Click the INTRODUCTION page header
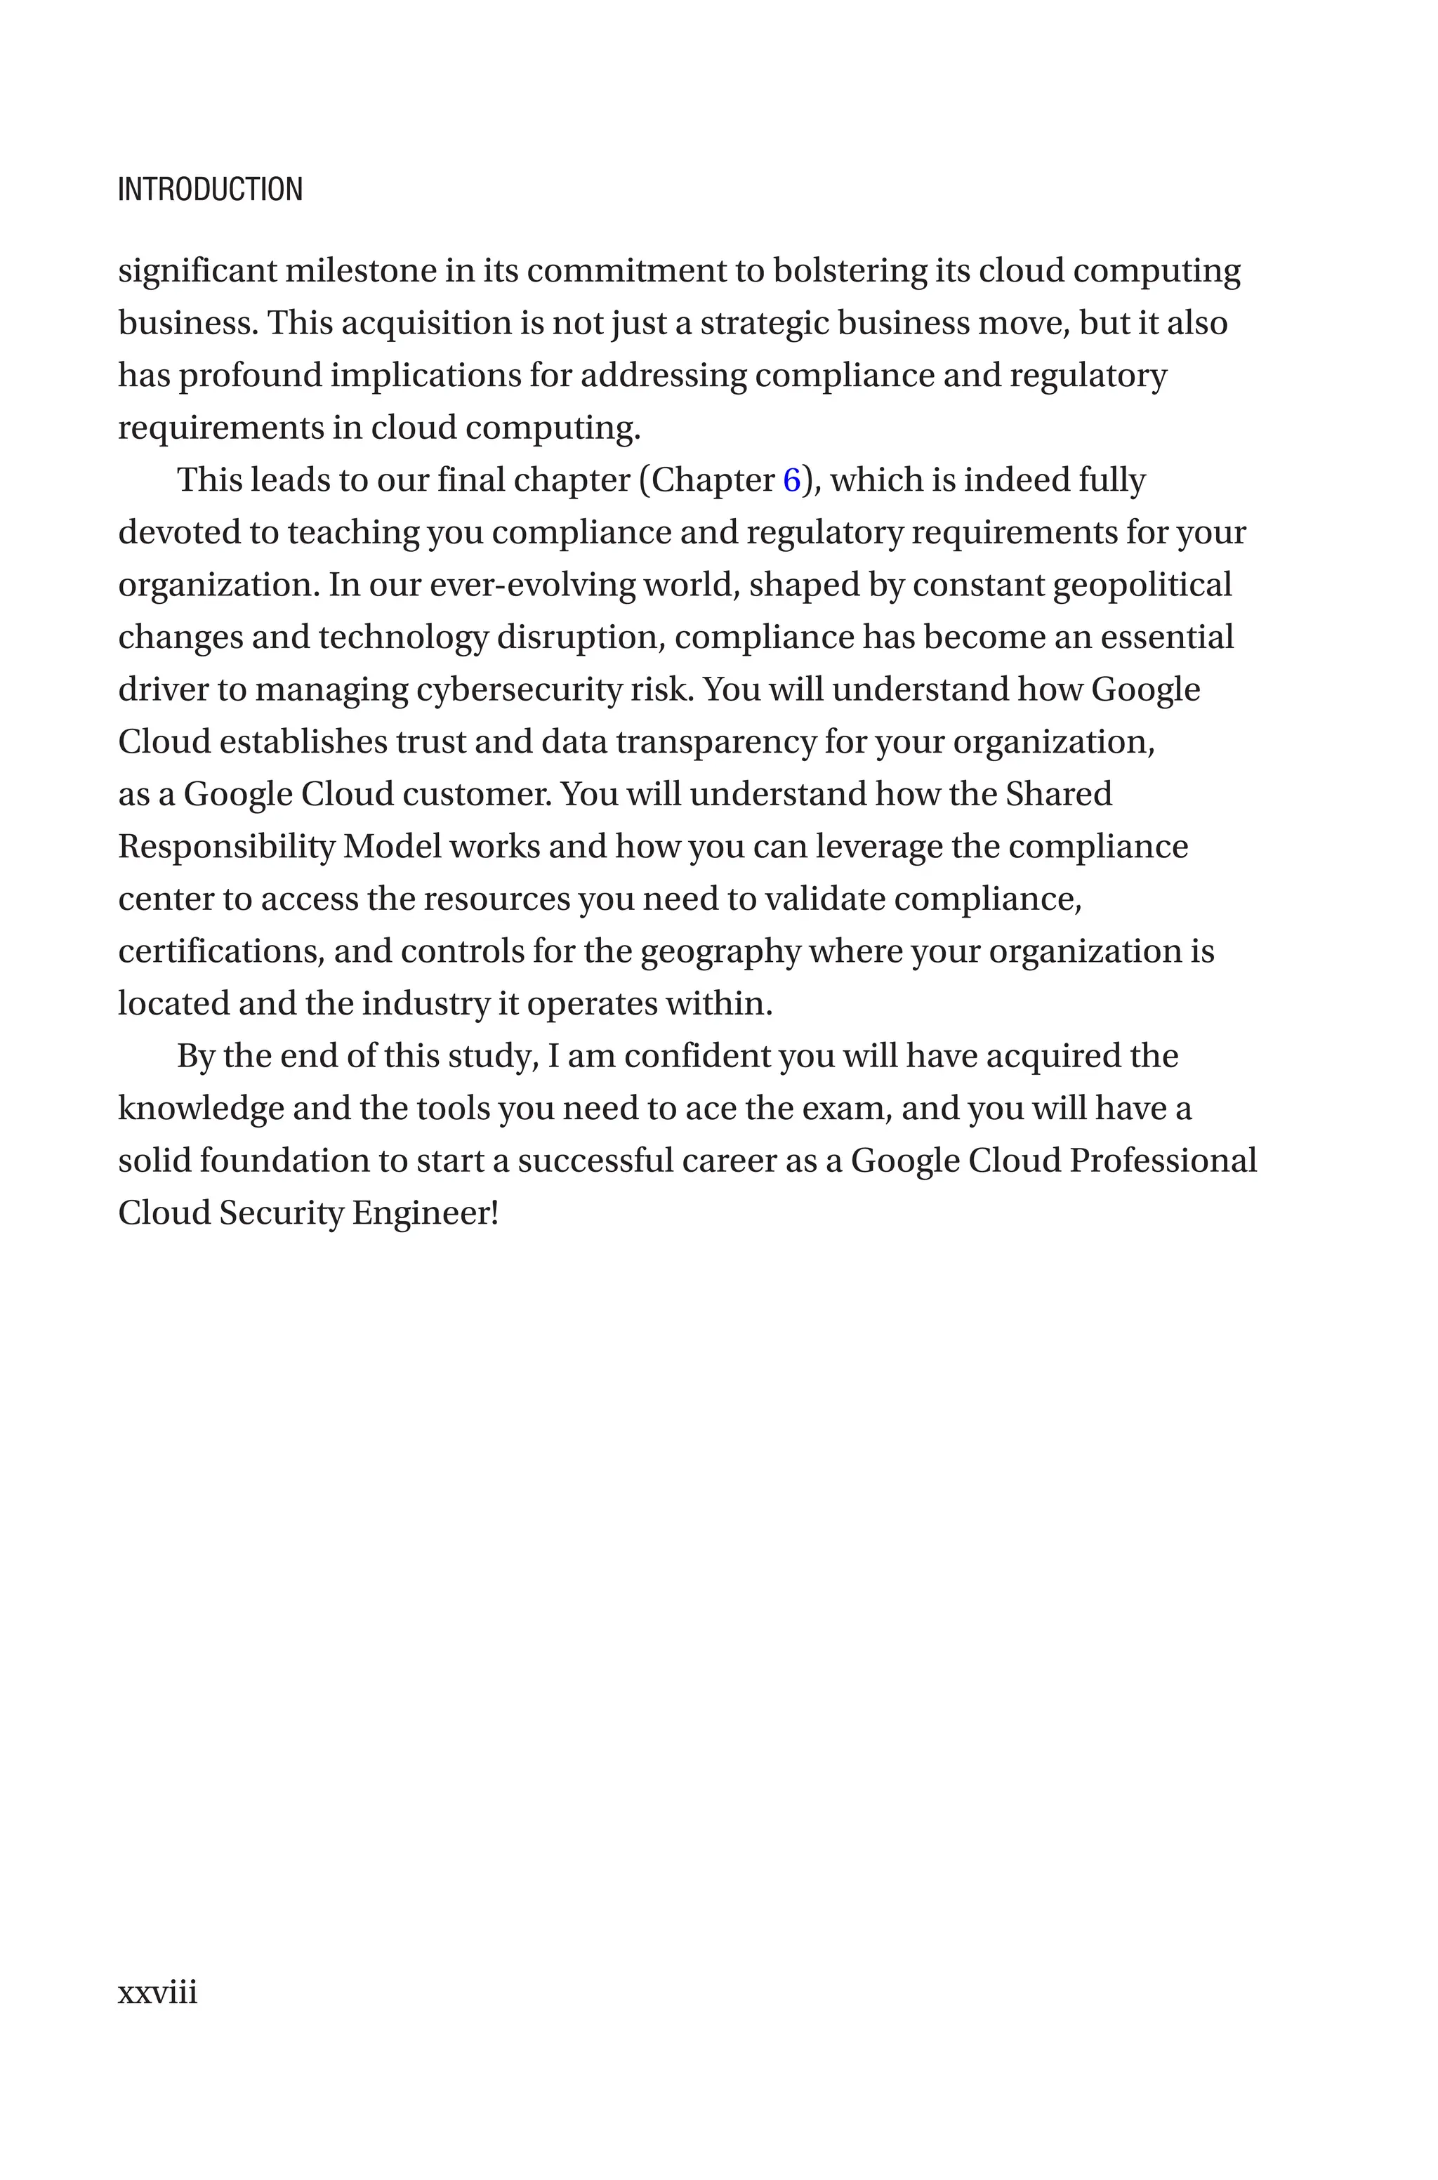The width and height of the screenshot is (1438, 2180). [x=210, y=190]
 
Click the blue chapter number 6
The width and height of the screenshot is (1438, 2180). [x=791, y=480]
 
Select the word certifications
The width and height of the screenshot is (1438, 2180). [x=221, y=951]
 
